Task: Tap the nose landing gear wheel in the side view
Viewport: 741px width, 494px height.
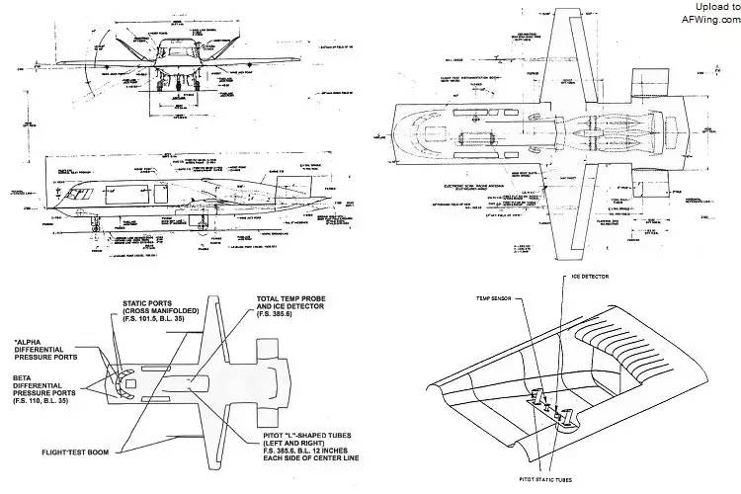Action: click(x=91, y=238)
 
